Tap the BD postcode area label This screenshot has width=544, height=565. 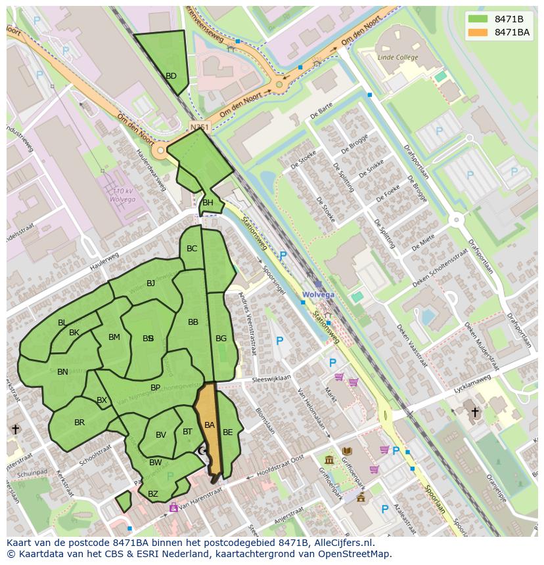pyautogui.click(x=171, y=76)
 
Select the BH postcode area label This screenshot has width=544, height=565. pyautogui.click(x=208, y=203)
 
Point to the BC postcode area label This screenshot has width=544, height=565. pyautogui.click(x=192, y=249)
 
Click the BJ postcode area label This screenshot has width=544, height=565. pyautogui.click(x=150, y=283)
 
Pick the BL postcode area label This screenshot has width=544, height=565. pyautogui.click(x=62, y=323)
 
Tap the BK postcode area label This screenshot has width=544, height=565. pyautogui.click(x=74, y=333)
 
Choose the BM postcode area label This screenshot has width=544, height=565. pyautogui.click(x=114, y=337)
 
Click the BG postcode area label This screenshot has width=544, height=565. pyautogui.click(x=221, y=339)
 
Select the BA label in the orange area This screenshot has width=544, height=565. pyautogui.click(x=209, y=425)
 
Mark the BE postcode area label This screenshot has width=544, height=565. pyautogui.click(x=227, y=432)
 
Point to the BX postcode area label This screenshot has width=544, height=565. pyautogui.click(x=102, y=400)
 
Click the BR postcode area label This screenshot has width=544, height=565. pyautogui.click(x=79, y=423)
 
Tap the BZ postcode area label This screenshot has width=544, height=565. pyautogui.click(x=153, y=494)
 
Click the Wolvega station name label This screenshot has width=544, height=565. pyautogui.click(x=318, y=295)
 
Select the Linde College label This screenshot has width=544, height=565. pyautogui.click(x=397, y=58)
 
